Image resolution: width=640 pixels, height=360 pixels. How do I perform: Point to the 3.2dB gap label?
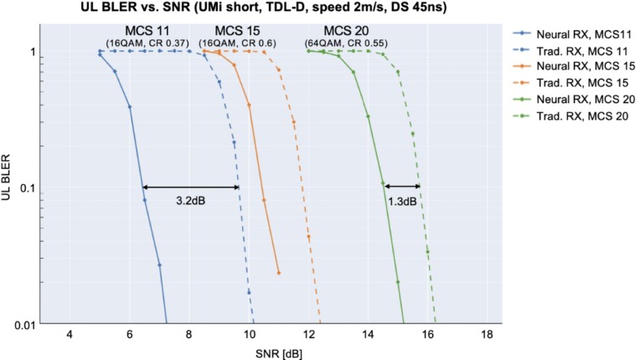click(x=193, y=203)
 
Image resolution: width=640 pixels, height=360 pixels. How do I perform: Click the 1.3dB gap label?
click(x=402, y=203)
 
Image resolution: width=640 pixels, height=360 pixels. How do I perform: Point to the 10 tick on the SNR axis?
click(x=249, y=335)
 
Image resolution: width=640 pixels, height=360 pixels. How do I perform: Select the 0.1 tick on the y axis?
click(x=27, y=188)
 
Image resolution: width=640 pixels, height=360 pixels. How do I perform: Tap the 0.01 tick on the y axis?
click(x=24, y=324)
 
